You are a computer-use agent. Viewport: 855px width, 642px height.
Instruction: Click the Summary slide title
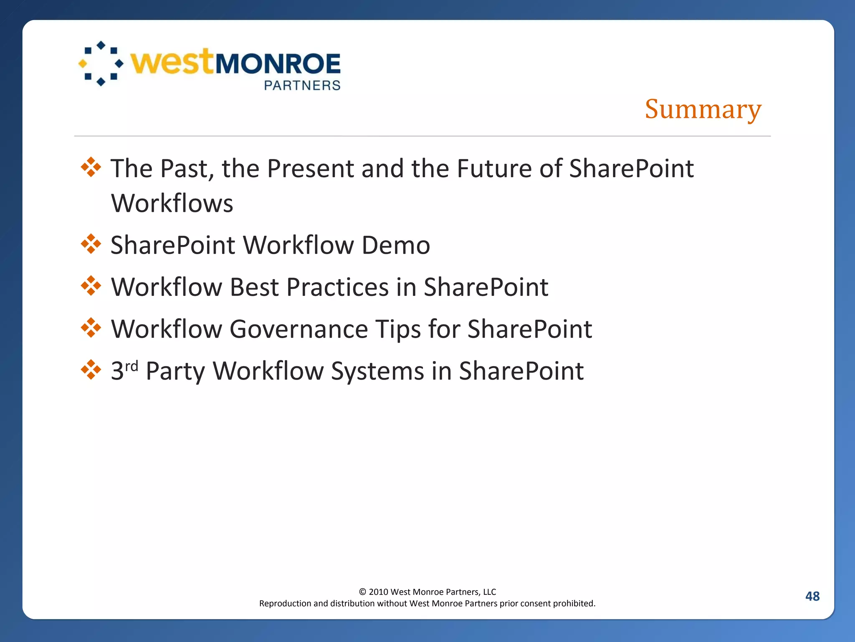[703, 109]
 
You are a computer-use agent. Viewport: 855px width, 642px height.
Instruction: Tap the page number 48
[812, 596]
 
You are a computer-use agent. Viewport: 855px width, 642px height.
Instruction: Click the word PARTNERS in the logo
[302, 85]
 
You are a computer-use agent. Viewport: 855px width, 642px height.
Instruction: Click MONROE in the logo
[278, 64]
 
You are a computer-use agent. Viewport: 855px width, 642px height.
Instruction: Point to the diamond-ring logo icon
[101, 64]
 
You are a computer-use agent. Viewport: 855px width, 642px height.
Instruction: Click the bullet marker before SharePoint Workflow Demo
[91, 244]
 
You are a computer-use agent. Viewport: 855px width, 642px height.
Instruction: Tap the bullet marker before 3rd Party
[91, 370]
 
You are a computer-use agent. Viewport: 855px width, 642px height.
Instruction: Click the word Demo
[396, 245]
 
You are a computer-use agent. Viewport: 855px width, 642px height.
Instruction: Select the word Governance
[298, 329]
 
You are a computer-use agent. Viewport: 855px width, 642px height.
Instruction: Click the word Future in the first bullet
[494, 168]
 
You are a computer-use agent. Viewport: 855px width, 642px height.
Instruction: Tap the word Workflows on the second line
[172, 204]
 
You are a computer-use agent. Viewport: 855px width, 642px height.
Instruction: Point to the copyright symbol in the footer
[362, 592]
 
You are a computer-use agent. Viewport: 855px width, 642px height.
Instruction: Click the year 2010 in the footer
[378, 592]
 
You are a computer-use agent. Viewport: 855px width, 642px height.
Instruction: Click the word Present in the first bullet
[310, 168]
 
